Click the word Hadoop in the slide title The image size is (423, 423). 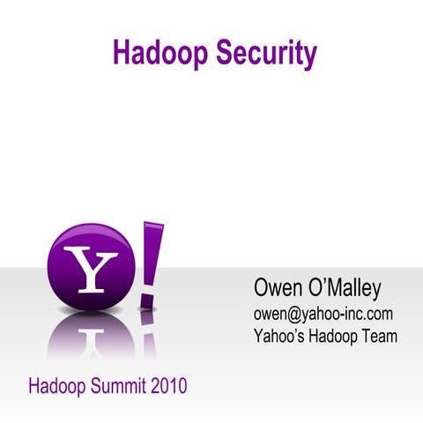158,53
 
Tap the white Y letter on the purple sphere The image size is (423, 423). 91,270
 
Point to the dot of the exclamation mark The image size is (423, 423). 145,301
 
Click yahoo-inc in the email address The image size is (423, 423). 331,314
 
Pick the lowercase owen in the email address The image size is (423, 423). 270,314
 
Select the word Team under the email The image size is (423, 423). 382,336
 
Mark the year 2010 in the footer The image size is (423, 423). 168,386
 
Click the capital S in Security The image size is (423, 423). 218,53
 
